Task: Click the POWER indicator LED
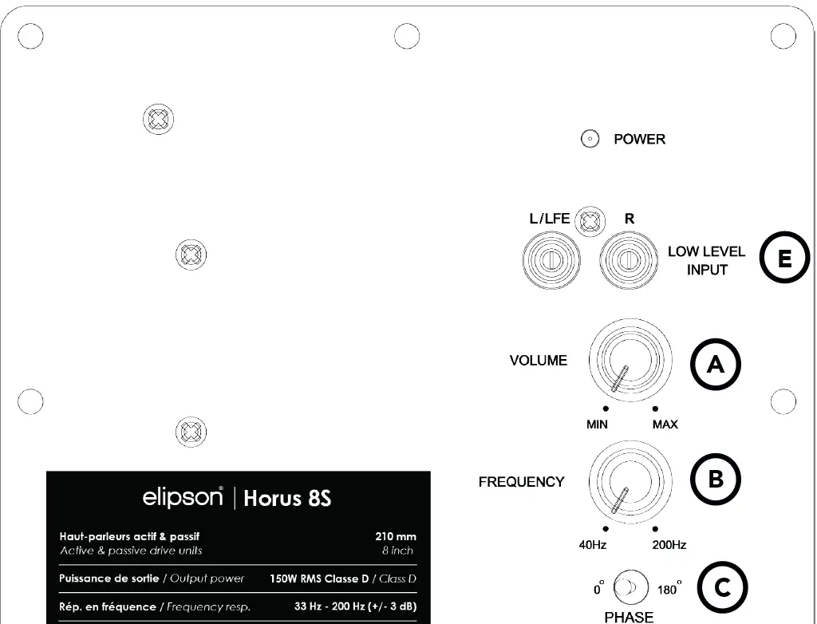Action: (590, 140)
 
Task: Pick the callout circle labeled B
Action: (716, 479)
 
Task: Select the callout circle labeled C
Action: (721, 589)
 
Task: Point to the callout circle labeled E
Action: (784, 260)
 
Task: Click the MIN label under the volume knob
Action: (598, 425)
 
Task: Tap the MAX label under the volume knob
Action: (665, 425)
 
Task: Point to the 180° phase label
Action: (668, 590)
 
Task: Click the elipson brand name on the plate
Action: (183, 497)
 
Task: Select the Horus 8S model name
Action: (287, 499)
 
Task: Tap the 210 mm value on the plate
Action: (396, 537)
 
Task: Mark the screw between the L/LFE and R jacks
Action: (590, 220)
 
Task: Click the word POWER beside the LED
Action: (639, 140)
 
